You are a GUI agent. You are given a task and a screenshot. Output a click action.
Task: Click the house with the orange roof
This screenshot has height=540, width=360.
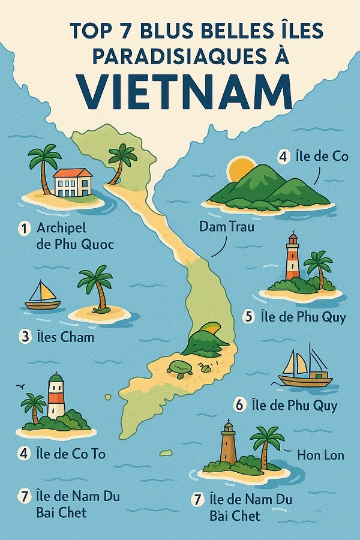click(x=73, y=182)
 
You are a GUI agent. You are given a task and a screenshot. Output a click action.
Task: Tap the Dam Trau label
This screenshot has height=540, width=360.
click(x=227, y=227)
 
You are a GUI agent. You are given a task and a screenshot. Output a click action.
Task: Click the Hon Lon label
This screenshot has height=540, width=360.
click(x=320, y=455)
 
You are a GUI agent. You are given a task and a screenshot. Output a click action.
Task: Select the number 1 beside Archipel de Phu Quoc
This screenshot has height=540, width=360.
click(x=24, y=228)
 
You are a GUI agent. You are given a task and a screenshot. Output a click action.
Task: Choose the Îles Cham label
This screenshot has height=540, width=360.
click(x=65, y=337)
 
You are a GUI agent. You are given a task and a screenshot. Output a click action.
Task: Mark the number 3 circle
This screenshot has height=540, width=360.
click(x=25, y=337)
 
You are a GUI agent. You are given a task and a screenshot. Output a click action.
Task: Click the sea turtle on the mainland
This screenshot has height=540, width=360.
click(x=178, y=368)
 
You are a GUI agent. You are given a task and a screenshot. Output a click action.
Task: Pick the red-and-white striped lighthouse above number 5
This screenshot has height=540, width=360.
click(x=292, y=258)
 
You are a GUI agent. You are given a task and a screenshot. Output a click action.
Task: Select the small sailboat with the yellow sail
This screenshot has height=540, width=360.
click(x=43, y=296)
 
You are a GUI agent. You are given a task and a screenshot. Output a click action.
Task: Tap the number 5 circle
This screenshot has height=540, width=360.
click(x=249, y=317)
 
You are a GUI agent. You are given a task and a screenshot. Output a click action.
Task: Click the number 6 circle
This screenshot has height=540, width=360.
click(x=240, y=406)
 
